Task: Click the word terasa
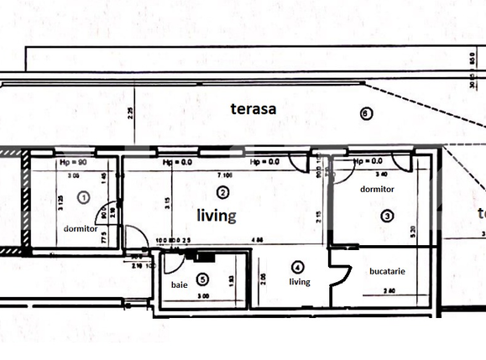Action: click(x=253, y=108)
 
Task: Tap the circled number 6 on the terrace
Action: click(x=364, y=114)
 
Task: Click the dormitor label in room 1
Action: click(x=81, y=228)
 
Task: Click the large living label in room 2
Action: click(x=217, y=216)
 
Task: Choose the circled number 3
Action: click(x=386, y=216)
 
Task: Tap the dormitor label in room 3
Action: click(x=377, y=190)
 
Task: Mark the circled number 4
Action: click(x=297, y=267)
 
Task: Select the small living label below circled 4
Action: click(x=300, y=282)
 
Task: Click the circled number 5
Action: click(x=201, y=279)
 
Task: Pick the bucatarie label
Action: click(x=387, y=272)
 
